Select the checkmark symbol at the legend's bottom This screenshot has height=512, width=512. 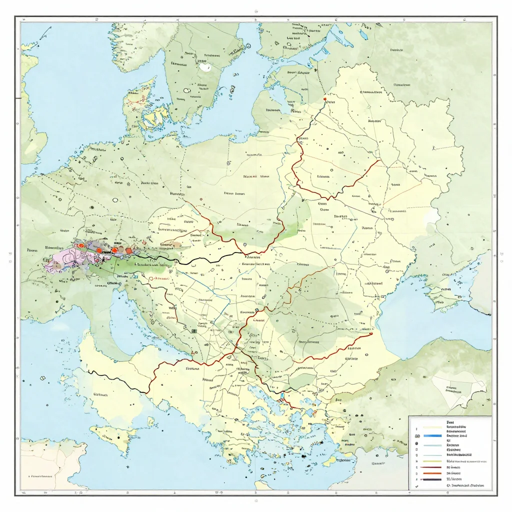pos(416,485)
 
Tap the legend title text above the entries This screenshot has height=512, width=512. pos(450,422)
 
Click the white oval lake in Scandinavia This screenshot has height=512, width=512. pos(204,66)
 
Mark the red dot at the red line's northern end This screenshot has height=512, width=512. pos(325,99)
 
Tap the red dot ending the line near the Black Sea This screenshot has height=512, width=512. pos(372,334)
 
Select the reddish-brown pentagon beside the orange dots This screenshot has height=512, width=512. pos(128,250)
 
